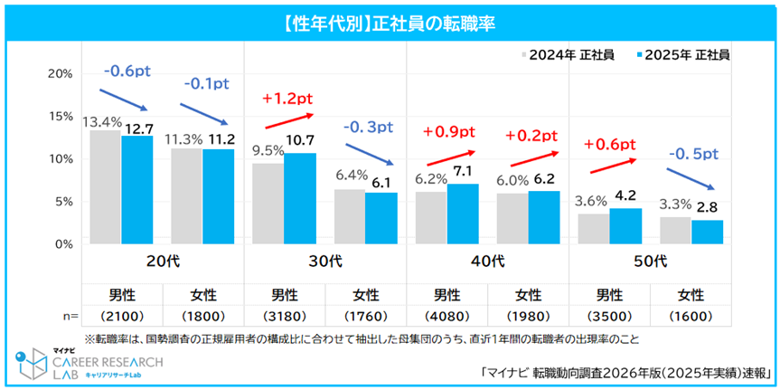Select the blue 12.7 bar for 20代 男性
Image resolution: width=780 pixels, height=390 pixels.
click(137, 188)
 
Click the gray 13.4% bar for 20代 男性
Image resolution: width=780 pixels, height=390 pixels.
click(105, 186)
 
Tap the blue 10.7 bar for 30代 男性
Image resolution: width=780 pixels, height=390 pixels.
click(299, 197)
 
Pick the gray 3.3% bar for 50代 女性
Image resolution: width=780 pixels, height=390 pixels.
click(674, 230)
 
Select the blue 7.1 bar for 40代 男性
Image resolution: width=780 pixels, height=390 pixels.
click(462, 213)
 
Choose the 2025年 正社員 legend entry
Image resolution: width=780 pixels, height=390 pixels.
click(683, 55)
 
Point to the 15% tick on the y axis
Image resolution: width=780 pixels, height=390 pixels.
click(60, 116)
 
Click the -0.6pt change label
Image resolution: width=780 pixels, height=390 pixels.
click(128, 70)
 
